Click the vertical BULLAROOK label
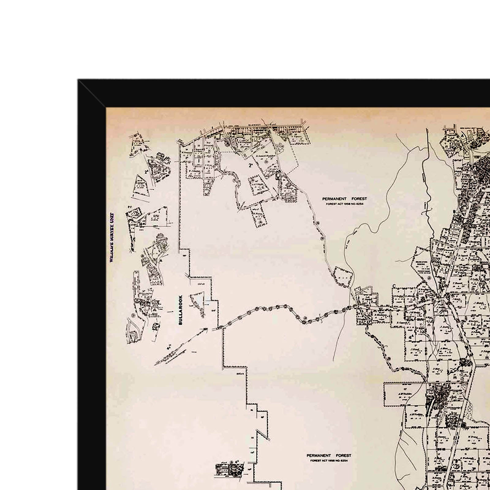(180, 310)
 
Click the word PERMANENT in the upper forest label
(334, 199)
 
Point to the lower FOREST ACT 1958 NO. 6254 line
(329, 460)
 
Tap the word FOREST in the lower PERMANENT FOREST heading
(343, 455)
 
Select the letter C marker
(394, 286)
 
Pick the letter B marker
(454, 211)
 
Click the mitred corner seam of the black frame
(92, 93)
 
